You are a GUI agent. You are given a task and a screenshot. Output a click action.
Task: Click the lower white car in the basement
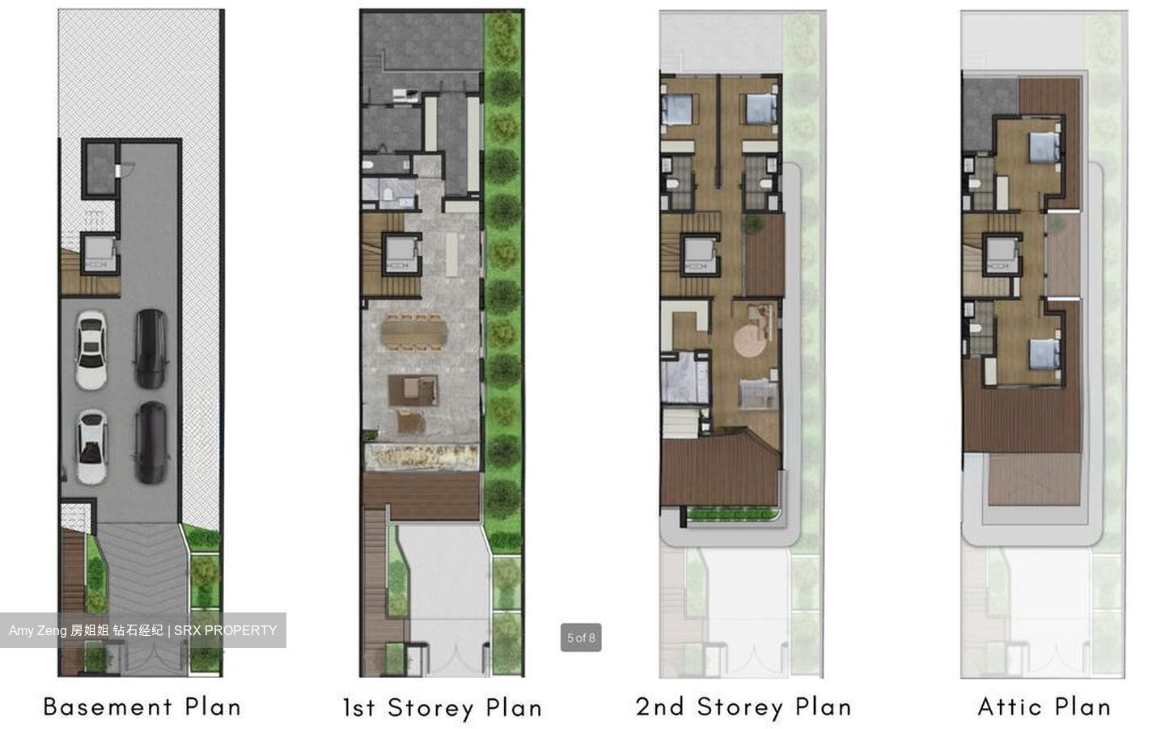[x=91, y=447]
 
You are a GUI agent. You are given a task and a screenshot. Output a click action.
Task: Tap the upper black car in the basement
[x=151, y=348]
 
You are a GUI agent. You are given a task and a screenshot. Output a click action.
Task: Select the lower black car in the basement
[x=151, y=442]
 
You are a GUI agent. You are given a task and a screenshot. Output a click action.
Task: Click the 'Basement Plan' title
[x=142, y=706]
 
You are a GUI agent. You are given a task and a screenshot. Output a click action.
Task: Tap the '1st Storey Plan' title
[x=442, y=708]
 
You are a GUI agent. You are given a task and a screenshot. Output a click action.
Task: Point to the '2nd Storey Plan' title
[x=743, y=706]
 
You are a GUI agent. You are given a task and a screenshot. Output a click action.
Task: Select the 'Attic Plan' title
[x=1044, y=706]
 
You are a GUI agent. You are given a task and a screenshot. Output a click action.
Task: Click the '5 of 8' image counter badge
[x=581, y=638]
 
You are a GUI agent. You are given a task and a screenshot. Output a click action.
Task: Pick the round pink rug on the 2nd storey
[x=755, y=339]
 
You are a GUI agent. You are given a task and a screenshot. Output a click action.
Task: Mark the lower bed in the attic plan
[x=1043, y=354]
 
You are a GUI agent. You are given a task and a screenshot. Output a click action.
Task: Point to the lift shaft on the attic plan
[x=1001, y=254]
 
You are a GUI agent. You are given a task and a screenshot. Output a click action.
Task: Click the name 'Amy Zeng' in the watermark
[x=37, y=630]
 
